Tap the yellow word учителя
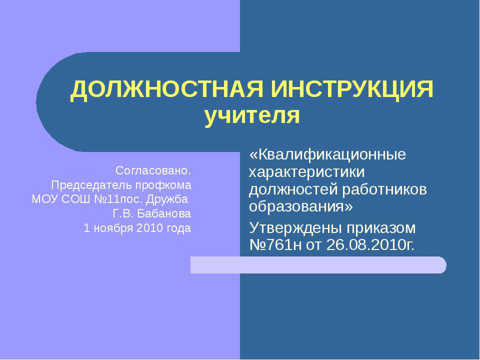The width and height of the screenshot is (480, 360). coord(252,116)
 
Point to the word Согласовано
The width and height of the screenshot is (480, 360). coord(153,170)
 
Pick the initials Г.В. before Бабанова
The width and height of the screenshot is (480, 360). coord(123,214)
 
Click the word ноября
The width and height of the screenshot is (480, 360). coord(109,228)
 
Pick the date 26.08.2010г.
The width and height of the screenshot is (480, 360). coord(370,245)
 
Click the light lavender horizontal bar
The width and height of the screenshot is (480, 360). coord(318,264)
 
